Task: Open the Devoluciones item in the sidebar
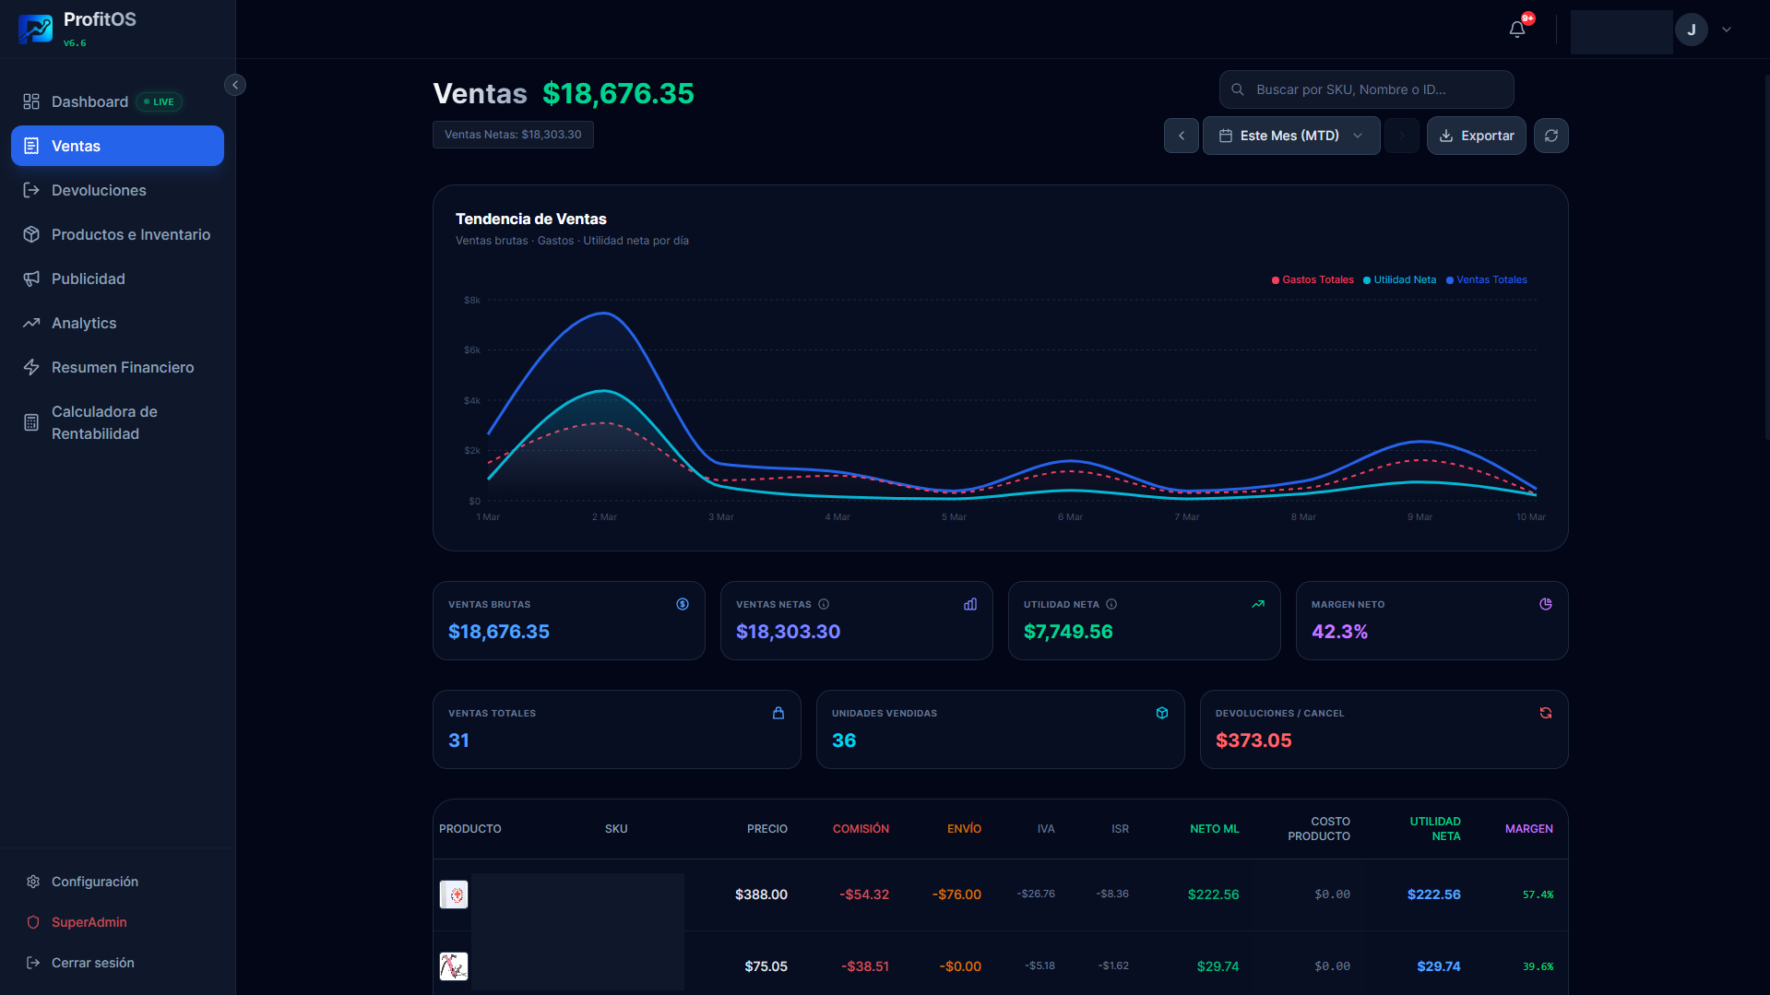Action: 99,190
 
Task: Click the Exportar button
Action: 1476,136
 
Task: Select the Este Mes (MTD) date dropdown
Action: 1290,136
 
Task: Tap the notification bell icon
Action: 1517,30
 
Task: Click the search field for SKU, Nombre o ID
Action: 1367,89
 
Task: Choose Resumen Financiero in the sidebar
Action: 122,367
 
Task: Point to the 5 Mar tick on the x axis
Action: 954,517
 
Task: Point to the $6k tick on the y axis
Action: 472,350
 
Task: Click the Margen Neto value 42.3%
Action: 1339,632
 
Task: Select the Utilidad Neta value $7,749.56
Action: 1068,632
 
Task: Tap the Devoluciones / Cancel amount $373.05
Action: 1253,740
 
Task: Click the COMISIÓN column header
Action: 861,829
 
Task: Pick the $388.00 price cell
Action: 761,894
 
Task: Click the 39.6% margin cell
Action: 1538,966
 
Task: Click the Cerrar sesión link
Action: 92,963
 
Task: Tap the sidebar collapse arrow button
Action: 235,85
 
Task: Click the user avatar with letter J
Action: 1691,30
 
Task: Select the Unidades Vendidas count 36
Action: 844,740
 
